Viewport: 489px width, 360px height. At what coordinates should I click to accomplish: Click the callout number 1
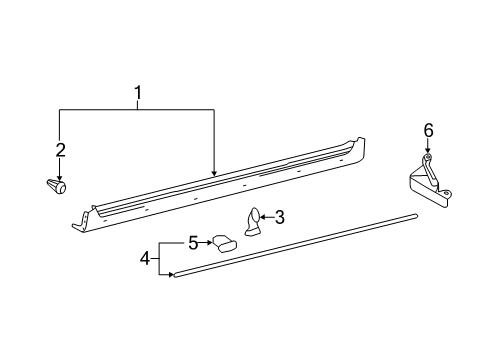click(137, 96)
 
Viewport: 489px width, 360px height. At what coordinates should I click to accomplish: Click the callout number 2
click(60, 150)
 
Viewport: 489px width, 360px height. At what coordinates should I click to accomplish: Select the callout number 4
click(145, 257)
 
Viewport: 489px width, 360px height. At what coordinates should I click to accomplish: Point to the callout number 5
click(192, 241)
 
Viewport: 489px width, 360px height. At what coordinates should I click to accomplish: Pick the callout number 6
click(428, 130)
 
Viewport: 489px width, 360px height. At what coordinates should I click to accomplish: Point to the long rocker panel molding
click(220, 185)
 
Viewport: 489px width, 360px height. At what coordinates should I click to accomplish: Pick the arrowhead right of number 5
click(209, 241)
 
